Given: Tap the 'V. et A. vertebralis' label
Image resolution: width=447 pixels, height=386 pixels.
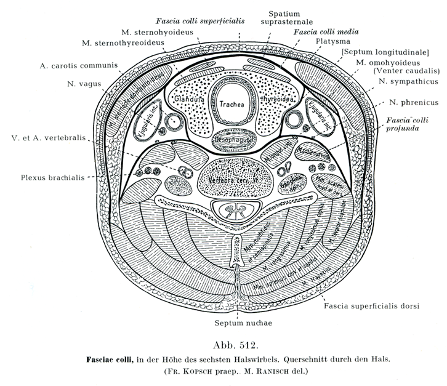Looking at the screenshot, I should tap(49, 138).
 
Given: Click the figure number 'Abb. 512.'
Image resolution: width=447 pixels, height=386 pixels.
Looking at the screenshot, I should tap(222, 344).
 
